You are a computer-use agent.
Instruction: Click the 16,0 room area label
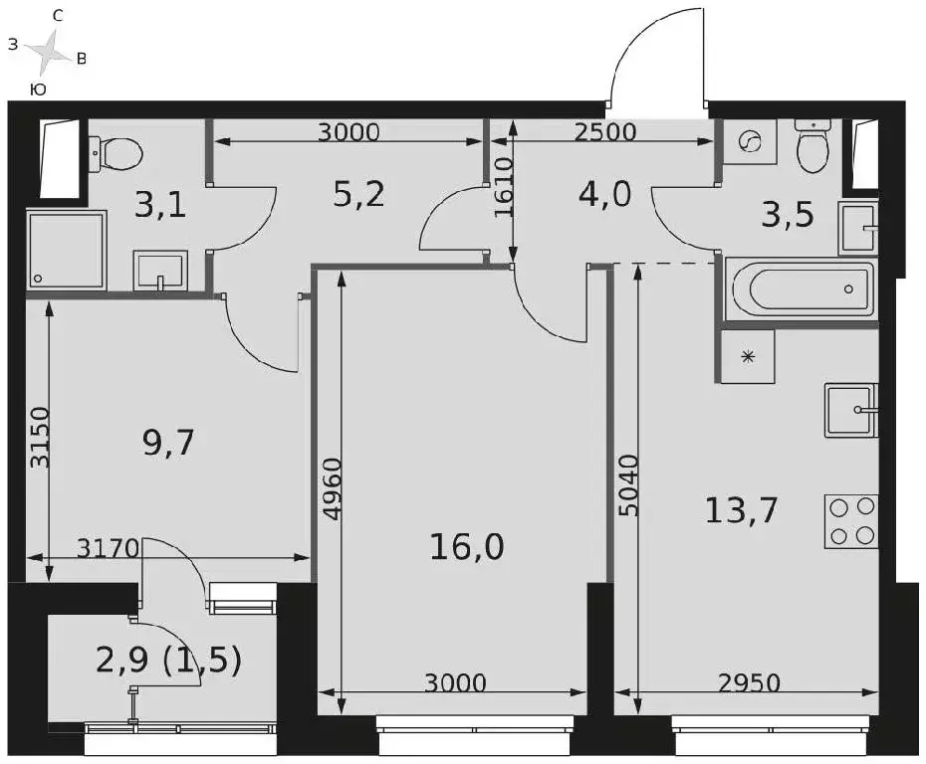point(467,547)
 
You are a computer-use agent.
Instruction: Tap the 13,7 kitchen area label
point(741,510)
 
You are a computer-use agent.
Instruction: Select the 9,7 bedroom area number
point(168,443)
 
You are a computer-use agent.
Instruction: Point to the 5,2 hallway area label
point(358,194)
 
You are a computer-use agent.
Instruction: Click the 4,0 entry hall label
point(604,194)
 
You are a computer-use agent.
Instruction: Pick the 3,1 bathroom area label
point(160,207)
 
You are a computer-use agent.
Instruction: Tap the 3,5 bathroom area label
point(788,214)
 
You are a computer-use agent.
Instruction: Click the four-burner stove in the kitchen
point(851,522)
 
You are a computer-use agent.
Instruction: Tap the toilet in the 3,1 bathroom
point(116,154)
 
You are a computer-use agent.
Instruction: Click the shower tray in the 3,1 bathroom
point(66,250)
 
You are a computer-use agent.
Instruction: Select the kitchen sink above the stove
point(851,411)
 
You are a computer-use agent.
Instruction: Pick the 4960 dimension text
point(333,487)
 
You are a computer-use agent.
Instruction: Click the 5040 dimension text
point(629,484)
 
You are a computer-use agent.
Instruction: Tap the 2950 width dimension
point(749,683)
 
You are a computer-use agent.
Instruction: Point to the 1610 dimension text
point(504,188)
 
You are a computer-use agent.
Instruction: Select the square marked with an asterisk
point(748,356)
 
